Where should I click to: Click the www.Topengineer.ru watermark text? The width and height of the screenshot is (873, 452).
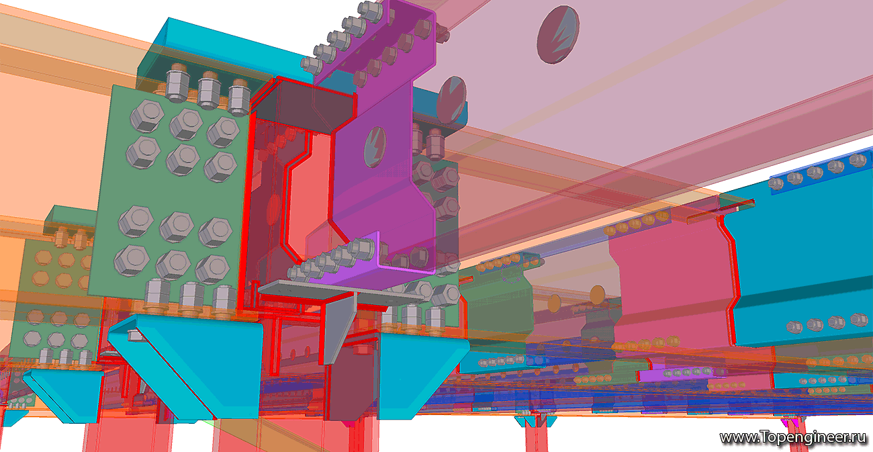[x=792, y=438]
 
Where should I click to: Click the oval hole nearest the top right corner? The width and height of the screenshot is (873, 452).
[x=557, y=34]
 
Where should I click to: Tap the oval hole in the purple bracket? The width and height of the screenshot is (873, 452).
[x=375, y=147]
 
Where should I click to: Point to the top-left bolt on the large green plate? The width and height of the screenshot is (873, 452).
[x=146, y=116]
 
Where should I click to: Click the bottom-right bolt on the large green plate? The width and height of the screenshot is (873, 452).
[x=212, y=269]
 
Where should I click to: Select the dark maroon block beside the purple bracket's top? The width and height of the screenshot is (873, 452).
[x=304, y=106]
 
